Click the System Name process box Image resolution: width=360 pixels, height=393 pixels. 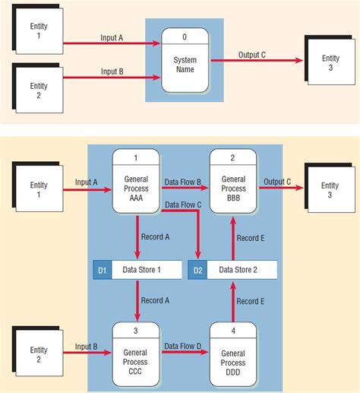point(185,65)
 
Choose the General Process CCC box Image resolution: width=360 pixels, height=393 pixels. point(136,356)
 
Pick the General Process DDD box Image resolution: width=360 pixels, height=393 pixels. point(233,356)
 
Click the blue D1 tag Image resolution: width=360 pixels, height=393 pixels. point(102,269)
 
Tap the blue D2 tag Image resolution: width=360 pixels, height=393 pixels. point(198,269)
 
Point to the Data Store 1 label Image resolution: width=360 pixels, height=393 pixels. point(147,269)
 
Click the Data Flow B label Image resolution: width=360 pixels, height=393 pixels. point(184,182)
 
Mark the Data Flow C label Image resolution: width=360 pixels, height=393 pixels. point(184,205)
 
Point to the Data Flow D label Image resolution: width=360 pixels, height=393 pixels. point(184,347)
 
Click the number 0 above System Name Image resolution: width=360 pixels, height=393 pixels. point(185,36)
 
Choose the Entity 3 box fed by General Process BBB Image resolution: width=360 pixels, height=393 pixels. point(330,190)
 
